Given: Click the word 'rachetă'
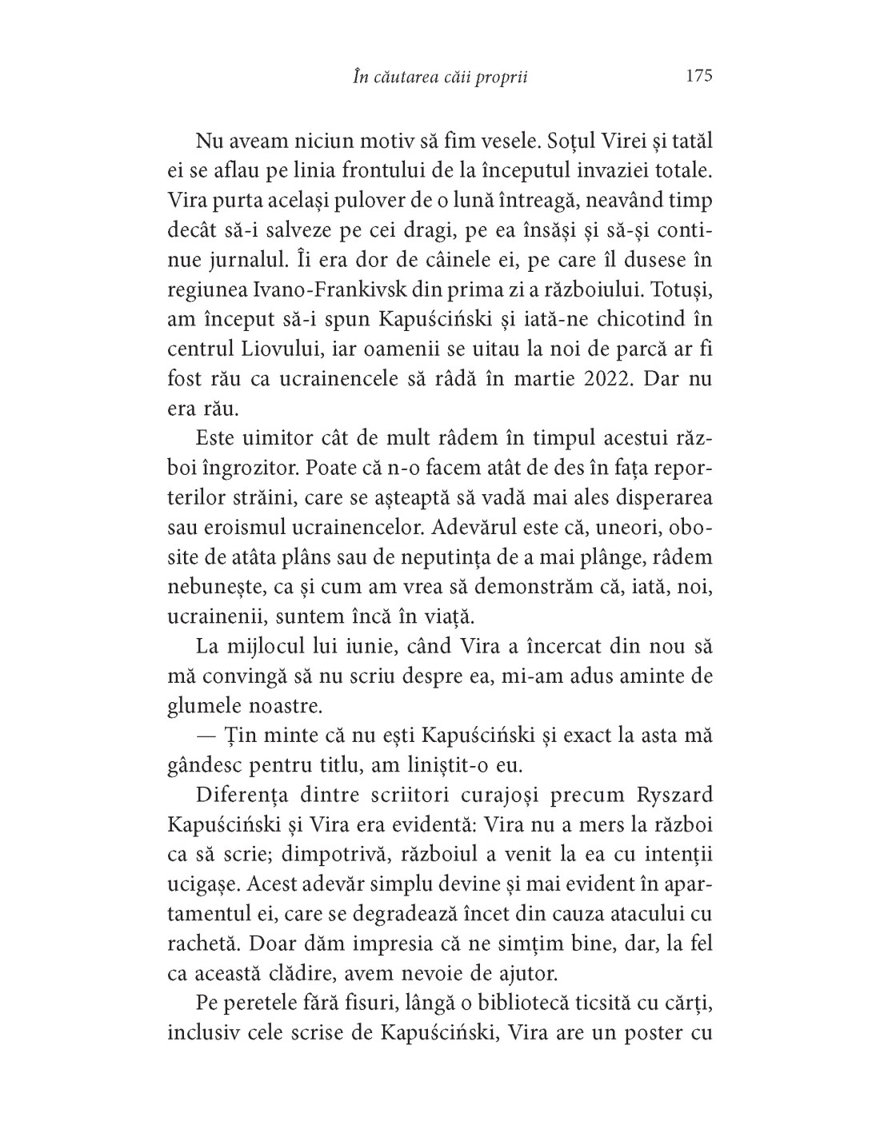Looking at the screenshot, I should pyautogui.click(x=204, y=943).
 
